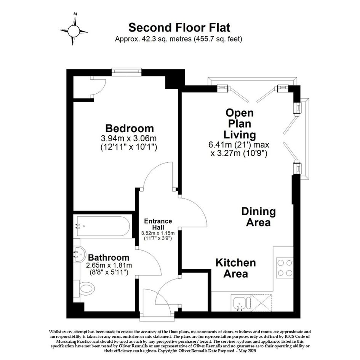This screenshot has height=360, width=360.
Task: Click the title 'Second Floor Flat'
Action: pyautogui.click(x=179, y=27)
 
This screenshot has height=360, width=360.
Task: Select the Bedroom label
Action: pyautogui.click(x=130, y=128)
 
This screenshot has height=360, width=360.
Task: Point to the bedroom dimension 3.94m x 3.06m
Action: pyautogui.click(x=129, y=138)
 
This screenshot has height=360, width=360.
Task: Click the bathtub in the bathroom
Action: pyautogui.click(x=103, y=226)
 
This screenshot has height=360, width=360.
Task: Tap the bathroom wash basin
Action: pyautogui.click(x=78, y=254)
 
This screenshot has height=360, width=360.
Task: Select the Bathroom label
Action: pyautogui.click(x=109, y=258)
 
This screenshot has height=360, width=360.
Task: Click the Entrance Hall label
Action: pyautogui.click(x=158, y=224)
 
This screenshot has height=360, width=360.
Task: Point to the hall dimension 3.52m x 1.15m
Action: pyautogui.click(x=158, y=233)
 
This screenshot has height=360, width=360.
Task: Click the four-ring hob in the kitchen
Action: pyautogui.click(x=285, y=268)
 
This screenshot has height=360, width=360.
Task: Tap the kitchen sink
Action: pyautogui.click(x=239, y=303)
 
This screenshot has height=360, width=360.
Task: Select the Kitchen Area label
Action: pyautogui.click(x=235, y=268)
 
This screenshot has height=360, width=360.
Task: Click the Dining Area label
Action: pyautogui.click(x=259, y=217)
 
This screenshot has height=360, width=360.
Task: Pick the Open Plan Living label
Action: pyautogui.click(x=240, y=124)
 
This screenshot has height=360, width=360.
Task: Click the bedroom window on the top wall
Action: pyautogui.click(x=126, y=72)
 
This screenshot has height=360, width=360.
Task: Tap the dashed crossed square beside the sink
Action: pyautogui.click(x=261, y=303)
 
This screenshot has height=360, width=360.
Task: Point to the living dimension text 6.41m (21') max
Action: pyautogui.click(x=239, y=145)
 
